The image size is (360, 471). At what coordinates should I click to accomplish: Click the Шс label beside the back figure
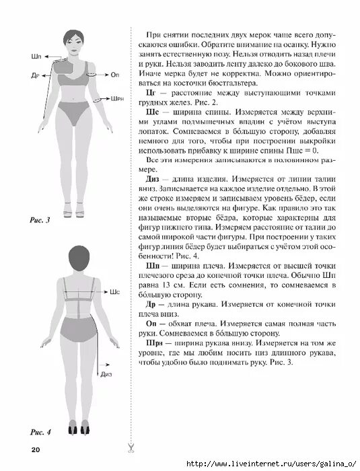(114, 293)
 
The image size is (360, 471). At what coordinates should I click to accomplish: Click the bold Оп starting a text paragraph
(150, 322)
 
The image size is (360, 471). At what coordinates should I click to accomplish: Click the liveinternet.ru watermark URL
(269, 464)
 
